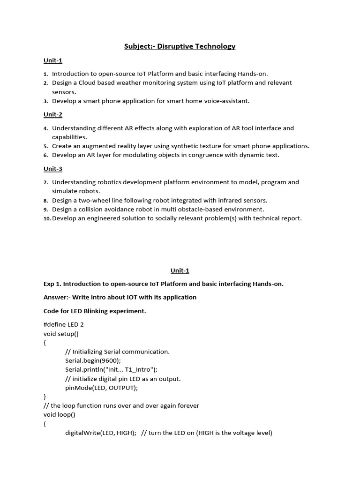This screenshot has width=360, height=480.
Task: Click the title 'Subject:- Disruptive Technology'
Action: click(180, 46)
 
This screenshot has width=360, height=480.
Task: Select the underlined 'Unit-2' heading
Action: click(53, 114)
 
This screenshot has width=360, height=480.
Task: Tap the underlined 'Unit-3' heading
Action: click(53, 169)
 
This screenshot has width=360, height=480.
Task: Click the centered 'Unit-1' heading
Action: click(180, 270)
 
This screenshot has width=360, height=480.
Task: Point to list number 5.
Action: click(46, 146)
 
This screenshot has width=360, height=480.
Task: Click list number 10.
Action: click(47, 218)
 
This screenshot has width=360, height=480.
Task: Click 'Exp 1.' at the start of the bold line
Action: click(52, 284)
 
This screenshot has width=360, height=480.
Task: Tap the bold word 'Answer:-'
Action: click(57, 297)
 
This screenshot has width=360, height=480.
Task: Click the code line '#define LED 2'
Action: click(63, 324)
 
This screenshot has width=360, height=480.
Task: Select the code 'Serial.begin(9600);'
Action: click(93, 360)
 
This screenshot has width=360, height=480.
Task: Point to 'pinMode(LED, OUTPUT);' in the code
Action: click(102, 388)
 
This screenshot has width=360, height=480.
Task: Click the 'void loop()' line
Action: click(59, 414)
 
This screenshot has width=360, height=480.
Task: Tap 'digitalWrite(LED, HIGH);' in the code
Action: click(100, 433)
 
